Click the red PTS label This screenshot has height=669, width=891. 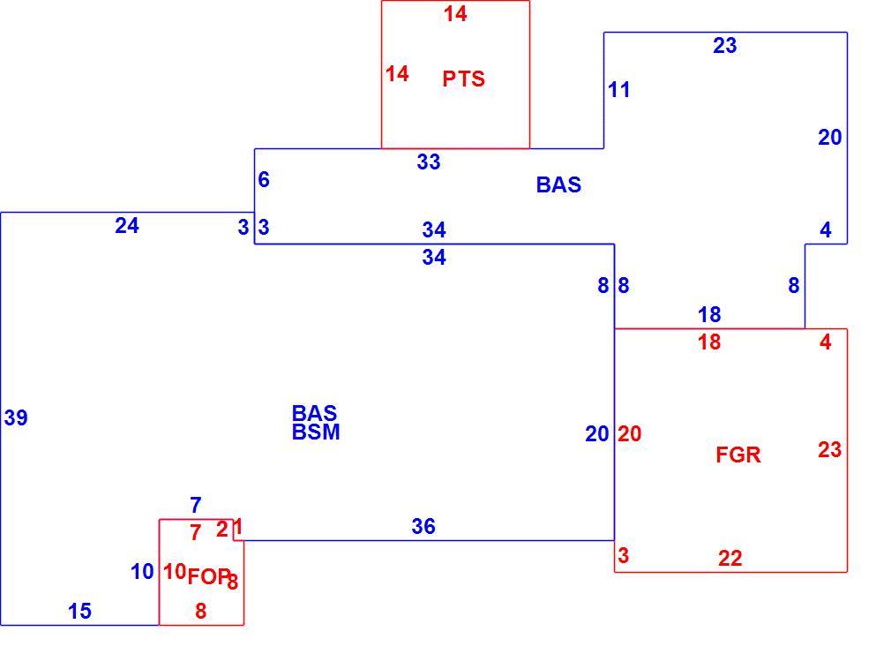464,79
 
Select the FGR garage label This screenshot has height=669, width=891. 738,455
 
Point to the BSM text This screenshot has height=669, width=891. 316,432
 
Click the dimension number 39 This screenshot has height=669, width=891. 16,417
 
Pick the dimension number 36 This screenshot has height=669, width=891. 423,526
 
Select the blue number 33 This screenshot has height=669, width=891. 429,162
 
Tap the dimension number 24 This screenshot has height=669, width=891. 127,226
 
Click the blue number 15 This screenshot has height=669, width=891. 79,611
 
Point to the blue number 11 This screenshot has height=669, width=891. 618,90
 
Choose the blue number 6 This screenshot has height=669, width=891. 264,180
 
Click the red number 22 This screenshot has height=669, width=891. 730,558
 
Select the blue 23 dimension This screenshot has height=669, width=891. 725,46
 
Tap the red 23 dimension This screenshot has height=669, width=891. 829,449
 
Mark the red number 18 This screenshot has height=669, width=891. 709,342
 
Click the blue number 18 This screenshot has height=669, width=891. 709,314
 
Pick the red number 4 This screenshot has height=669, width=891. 826,342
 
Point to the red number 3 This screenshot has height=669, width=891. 624,555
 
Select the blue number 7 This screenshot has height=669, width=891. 196,505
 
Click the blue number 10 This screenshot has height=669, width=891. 142,571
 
